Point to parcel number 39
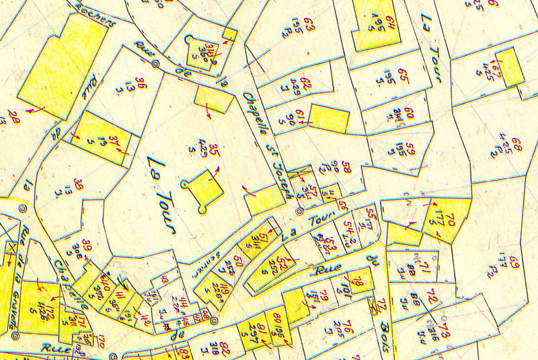click(x=86, y=244)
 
